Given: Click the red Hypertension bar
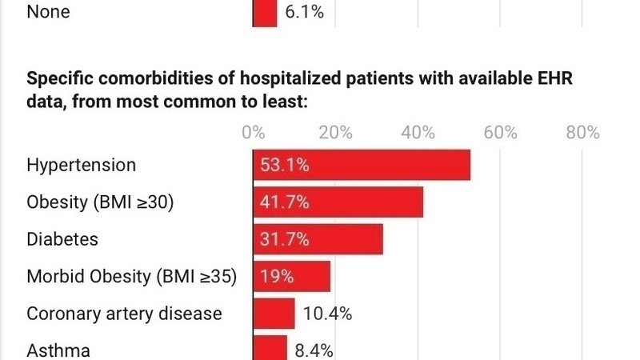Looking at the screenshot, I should [362, 166].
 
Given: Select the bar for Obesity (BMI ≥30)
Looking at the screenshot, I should [338, 202].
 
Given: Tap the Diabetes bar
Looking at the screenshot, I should [318, 239].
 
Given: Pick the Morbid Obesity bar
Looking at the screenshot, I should [292, 277].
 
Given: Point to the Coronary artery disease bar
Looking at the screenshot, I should [274, 314].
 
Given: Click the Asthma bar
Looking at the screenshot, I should [270, 348].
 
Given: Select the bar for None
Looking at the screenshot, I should [266, 13].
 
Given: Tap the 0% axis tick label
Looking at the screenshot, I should [254, 132].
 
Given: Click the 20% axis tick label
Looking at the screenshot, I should [335, 132].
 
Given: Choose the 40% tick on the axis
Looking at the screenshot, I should [418, 132].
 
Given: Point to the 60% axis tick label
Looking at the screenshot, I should [500, 132].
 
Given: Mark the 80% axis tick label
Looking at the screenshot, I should [582, 132].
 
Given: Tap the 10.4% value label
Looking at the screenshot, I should [328, 314].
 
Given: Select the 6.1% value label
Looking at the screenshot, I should [304, 13].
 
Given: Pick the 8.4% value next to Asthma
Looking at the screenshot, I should [314, 350].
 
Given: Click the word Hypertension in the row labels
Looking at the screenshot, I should [82, 166].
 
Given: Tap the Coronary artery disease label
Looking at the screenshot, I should [124, 314].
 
